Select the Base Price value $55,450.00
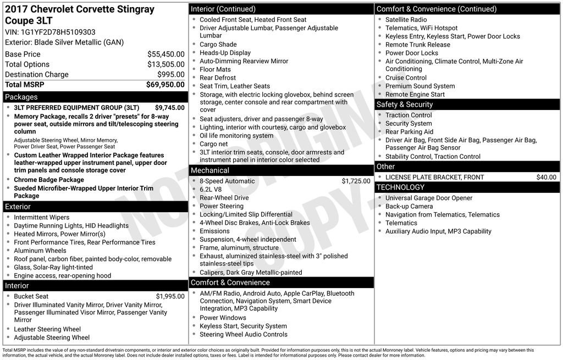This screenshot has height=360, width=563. [165, 54]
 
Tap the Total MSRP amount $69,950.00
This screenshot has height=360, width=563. [165, 85]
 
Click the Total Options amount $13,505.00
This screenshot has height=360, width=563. [165, 64]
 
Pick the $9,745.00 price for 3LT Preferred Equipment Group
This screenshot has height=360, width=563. [169, 108]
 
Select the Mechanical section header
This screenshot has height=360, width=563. [210, 170]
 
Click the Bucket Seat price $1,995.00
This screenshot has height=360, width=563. [170, 296]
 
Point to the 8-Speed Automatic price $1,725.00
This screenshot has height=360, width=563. [356, 181]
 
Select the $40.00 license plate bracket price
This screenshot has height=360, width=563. [546, 177]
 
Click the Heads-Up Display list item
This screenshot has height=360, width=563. [225, 53]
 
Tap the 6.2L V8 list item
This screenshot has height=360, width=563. [211, 189]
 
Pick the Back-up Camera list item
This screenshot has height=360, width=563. [409, 206]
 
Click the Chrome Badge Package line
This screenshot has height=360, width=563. [49, 180]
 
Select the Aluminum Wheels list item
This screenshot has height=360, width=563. [40, 251]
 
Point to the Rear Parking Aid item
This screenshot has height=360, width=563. [409, 132]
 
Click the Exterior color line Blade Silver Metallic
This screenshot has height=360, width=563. [64, 42]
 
